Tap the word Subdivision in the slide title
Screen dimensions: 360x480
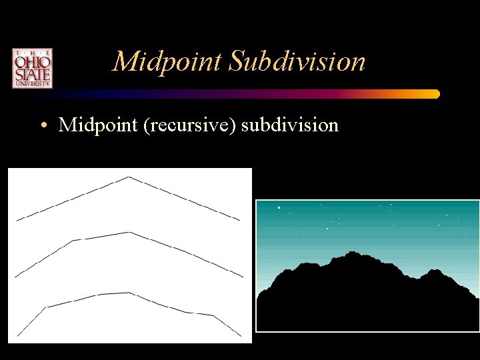click(x=297, y=62)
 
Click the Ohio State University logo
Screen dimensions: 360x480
click(x=31, y=68)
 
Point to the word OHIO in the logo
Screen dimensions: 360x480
click(x=31, y=61)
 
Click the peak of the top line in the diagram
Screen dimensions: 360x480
click(x=129, y=177)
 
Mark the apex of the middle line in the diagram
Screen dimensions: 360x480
click(x=129, y=232)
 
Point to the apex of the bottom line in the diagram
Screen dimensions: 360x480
click(x=129, y=293)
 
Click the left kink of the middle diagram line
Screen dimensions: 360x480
click(x=73, y=240)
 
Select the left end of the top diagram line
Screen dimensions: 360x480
click(x=17, y=219)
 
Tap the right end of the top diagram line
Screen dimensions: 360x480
click(x=239, y=219)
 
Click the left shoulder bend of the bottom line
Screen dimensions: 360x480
click(x=45, y=307)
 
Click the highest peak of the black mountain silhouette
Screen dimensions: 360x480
click(x=351, y=252)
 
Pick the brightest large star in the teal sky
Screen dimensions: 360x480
click(x=279, y=208)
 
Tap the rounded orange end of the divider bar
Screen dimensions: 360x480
click(x=436, y=94)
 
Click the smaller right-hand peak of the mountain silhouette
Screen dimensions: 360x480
click(x=434, y=270)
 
